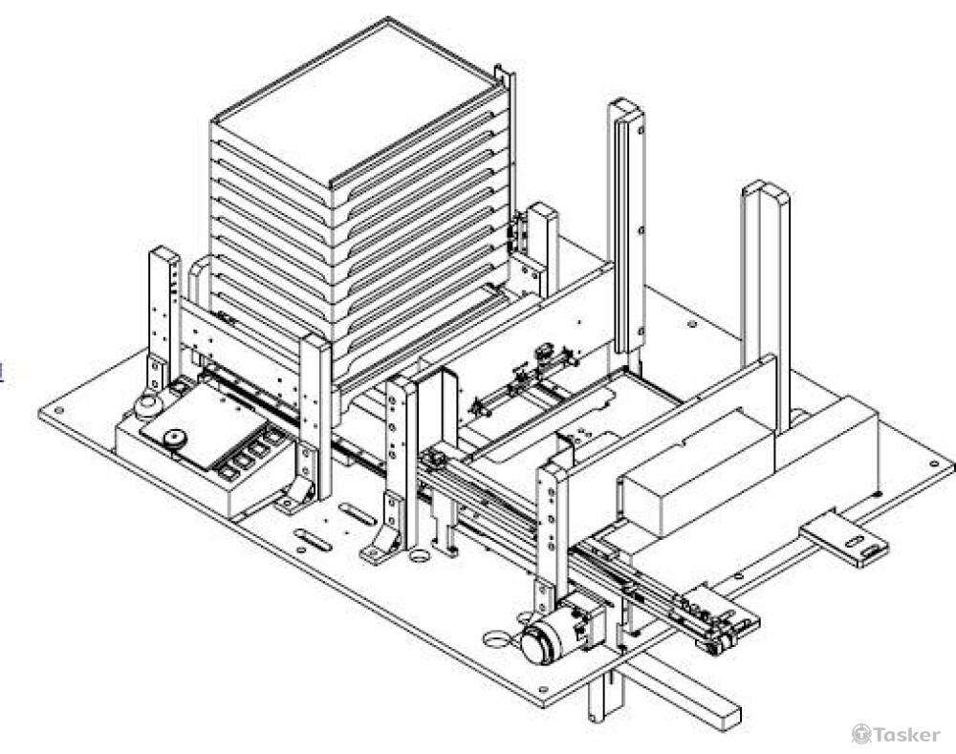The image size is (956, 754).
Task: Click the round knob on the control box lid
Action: point(174,440)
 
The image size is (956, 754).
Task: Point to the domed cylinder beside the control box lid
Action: point(147,407)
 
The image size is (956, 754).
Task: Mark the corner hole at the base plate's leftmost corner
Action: point(60,413)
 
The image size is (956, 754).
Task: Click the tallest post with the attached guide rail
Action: point(627,229)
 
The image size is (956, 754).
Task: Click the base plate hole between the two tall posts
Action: point(690,325)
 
